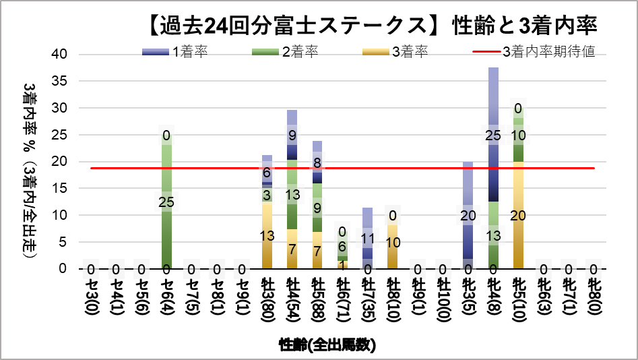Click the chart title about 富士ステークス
(x=371, y=26)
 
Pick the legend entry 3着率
(x=404, y=52)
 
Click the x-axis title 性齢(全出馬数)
(x=327, y=345)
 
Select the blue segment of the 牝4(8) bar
(x=494, y=135)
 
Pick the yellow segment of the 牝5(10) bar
(x=518, y=216)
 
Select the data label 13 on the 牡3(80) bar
(x=267, y=235)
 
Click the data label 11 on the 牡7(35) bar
(x=368, y=238)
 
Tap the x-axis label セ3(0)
(x=90, y=297)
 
